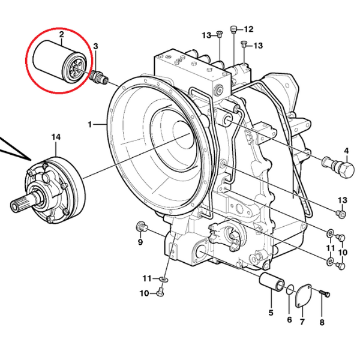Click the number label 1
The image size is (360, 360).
pyautogui.click(x=89, y=125)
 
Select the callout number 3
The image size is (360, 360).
pyautogui.click(x=95, y=46)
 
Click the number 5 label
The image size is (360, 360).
pyautogui.click(x=271, y=313)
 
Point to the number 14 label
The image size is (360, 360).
pyautogui.click(x=56, y=137)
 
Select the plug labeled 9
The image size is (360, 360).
pyautogui.click(x=143, y=226)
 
